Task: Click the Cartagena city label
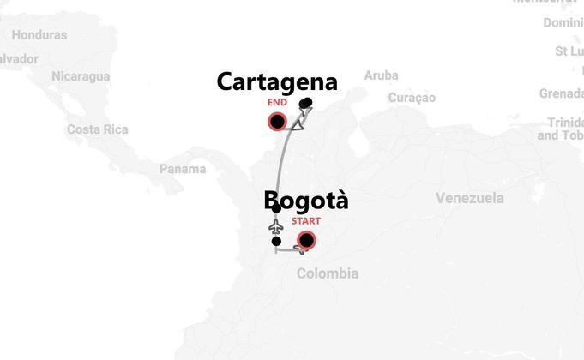coord(276,82)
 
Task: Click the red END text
coord(277,102)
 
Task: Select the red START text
coord(306,221)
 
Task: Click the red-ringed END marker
coord(277,122)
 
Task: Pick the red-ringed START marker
coord(305,240)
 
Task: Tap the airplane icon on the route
coord(276,225)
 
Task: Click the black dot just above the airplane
coord(276,209)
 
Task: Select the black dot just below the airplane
coord(276,242)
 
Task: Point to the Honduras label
coord(39,35)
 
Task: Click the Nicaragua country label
coord(81,76)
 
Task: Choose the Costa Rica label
coord(98,129)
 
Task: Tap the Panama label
coord(183,169)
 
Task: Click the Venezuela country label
coord(469,198)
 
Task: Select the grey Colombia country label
coord(328,273)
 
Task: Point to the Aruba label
coord(381,75)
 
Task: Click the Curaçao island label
coord(412,98)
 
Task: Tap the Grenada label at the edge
coord(561,93)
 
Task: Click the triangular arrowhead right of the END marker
coord(298,124)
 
